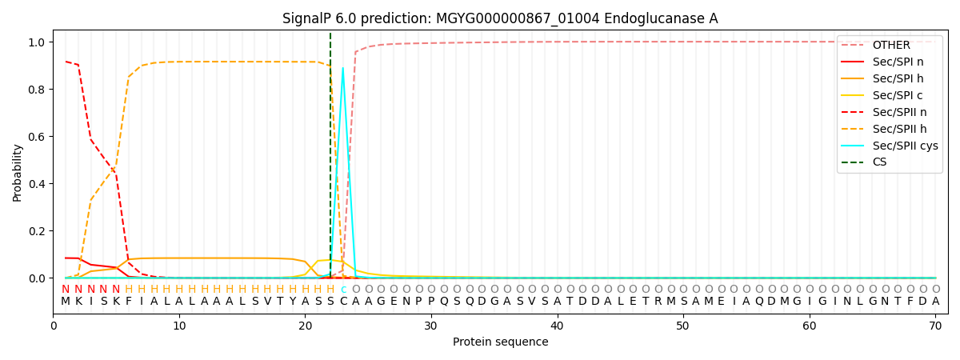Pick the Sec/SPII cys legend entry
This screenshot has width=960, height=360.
click(890, 146)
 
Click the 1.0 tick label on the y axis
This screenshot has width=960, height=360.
click(37, 42)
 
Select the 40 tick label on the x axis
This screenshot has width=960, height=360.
click(557, 326)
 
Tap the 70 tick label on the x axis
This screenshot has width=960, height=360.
click(935, 326)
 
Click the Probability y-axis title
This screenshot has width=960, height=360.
click(17, 173)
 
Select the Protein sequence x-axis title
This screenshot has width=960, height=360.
click(501, 342)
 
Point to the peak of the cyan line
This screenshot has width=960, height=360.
click(343, 68)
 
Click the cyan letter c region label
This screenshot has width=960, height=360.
click(343, 290)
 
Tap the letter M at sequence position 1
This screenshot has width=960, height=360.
click(66, 302)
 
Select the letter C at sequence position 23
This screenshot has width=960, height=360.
click(343, 302)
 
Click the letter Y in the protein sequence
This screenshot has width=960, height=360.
click(293, 302)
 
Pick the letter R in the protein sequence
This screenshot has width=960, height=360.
click(658, 302)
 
